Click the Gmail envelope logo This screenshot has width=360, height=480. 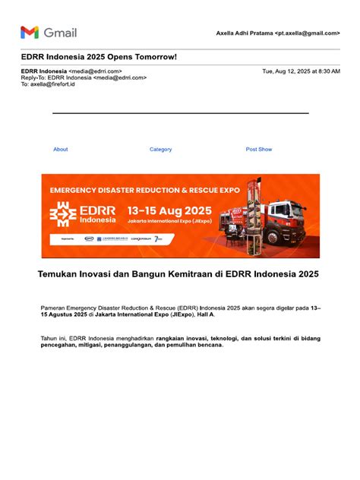[x=30, y=32]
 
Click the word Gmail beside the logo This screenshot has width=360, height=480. [x=61, y=33]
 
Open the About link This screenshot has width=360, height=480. [x=61, y=150]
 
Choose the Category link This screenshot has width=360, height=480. [x=160, y=150]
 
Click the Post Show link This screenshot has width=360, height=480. [x=259, y=150]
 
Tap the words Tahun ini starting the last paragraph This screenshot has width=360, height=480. [x=55, y=338]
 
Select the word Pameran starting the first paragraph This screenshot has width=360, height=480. [x=53, y=307]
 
